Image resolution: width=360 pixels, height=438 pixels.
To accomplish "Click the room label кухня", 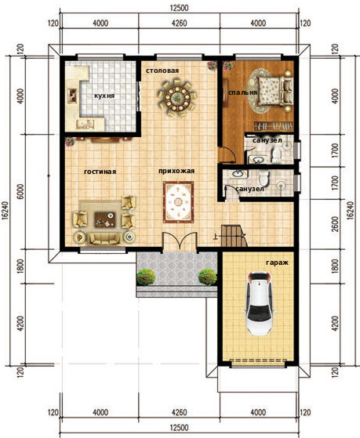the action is point(104,96).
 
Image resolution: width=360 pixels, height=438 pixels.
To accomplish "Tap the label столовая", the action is point(162,71).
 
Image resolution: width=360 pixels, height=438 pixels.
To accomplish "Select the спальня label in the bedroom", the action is point(242,92).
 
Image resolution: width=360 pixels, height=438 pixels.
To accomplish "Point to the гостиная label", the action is point(100,172).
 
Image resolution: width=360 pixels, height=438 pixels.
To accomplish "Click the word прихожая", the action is point(176,171).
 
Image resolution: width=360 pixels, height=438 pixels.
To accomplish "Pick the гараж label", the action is point(277,262).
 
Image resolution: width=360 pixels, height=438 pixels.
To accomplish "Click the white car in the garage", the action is point(260,303).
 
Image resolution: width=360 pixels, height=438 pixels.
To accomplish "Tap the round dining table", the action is point(176,97).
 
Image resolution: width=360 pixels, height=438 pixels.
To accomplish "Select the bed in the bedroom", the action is point(275,91).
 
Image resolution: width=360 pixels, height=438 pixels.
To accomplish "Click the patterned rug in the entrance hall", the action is point(179,202).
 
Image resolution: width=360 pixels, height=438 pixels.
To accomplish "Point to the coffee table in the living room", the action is point(104,219).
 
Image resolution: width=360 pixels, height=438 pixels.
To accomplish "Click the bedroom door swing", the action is point(227,154).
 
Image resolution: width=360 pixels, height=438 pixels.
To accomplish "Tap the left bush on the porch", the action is point(146,277).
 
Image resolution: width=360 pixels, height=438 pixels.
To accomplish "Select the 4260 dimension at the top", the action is point(180,24).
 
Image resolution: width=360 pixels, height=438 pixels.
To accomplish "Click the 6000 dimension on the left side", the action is point(21,192).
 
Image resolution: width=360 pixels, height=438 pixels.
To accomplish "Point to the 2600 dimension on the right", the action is point(336,224).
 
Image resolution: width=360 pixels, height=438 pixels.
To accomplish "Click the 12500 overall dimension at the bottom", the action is point(179,427).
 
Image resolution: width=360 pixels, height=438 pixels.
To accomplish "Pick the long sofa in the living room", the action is point(105,238).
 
